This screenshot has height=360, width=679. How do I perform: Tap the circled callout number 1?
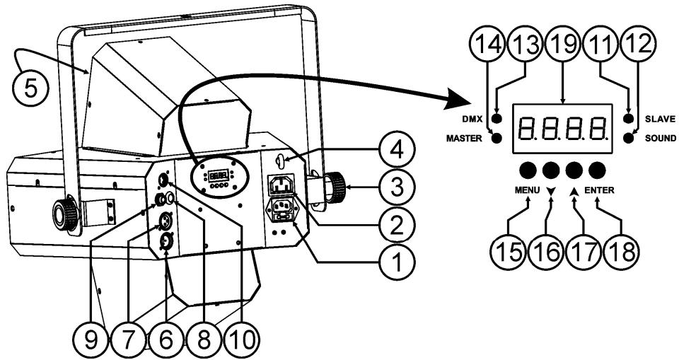[x=396, y=260]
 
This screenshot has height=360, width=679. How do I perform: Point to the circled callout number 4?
[x=396, y=151]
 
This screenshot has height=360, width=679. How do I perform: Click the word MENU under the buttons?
[x=527, y=190]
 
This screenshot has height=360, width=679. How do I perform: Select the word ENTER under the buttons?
[x=599, y=190]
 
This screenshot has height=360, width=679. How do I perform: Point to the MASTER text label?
[x=464, y=139]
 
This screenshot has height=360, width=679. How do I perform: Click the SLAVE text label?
[x=660, y=119]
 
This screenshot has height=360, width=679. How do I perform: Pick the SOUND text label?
[x=661, y=139]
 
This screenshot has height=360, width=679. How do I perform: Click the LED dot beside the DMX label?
[x=497, y=118]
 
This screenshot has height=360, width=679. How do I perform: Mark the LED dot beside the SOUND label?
[x=628, y=138]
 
